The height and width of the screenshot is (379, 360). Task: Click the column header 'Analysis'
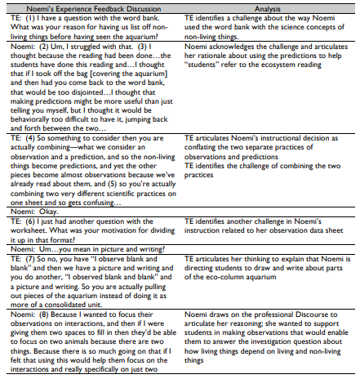pyautogui.click(x=270, y=7)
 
